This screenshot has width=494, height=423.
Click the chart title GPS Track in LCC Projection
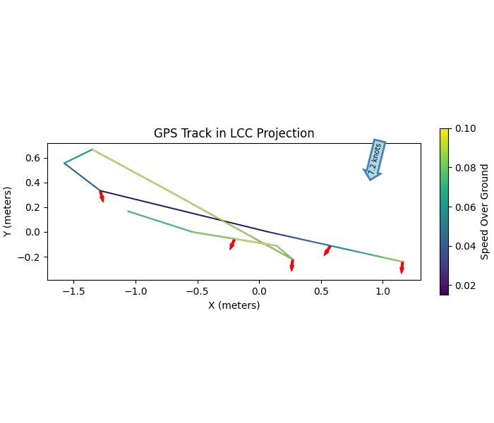coord(234,133)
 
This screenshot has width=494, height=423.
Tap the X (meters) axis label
coord(234,305)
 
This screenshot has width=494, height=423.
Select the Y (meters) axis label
coord(8,211)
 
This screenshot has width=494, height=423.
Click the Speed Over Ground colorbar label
coord(485,211)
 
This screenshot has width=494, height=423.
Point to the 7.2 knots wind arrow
coord(375,159)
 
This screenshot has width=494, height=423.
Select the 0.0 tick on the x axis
coord(259,290)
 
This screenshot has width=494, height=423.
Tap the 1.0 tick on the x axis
coord(382,290)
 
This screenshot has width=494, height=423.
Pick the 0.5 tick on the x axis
coord(321,290)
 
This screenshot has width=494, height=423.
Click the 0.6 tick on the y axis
coord(33,158)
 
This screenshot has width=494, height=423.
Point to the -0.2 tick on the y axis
coord(30,257)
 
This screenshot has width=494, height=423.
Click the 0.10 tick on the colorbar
coord(465,129)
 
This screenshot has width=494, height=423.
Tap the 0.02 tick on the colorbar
coord(465,286)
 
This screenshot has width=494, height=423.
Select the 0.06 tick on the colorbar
coord(465,207)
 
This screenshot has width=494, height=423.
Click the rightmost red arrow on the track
coord(402,267)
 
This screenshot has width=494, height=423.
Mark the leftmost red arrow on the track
coord(102,196)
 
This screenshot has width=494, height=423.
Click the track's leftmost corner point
coord(64,164)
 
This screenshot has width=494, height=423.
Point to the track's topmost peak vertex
coord(92,149)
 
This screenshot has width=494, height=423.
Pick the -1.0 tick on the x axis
coord(135,290)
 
